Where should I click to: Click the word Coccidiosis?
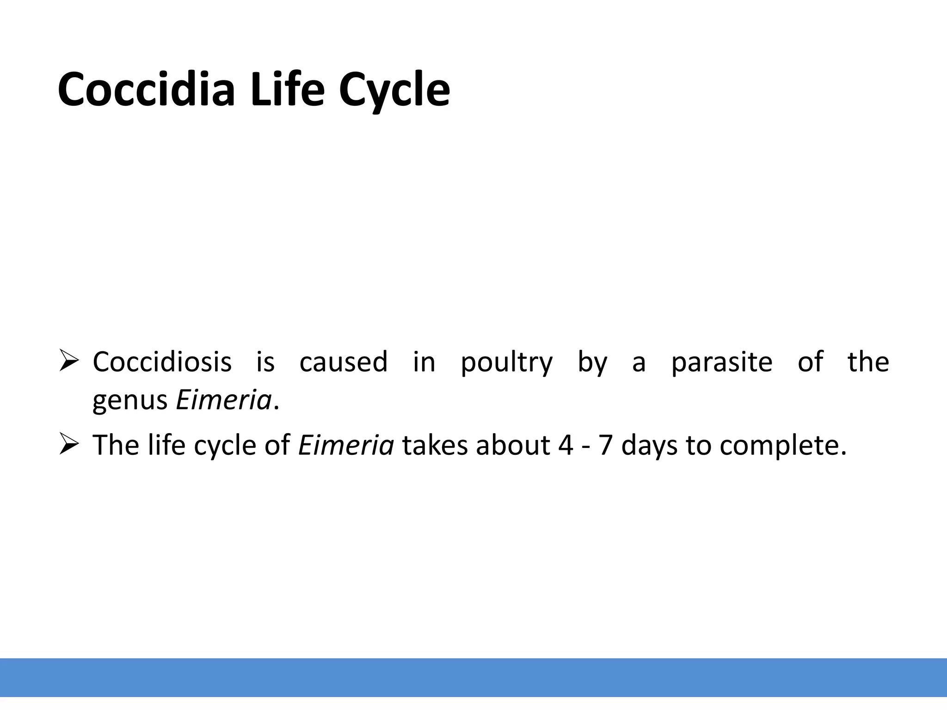point(162,361)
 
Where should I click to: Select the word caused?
point(343,361)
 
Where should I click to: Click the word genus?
point(130,400)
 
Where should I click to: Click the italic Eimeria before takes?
point(346,445)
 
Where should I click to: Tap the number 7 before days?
point(605,445)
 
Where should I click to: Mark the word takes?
point(435,445)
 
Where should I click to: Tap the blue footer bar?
point(473,677)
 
